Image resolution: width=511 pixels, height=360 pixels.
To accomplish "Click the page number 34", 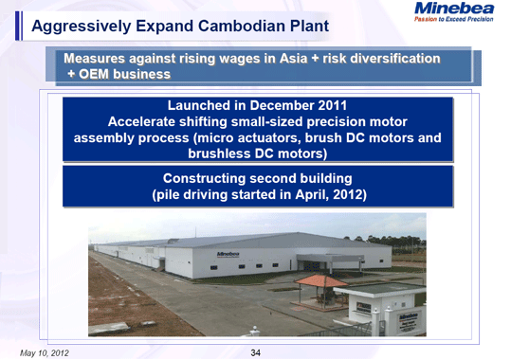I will click(255, 352).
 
